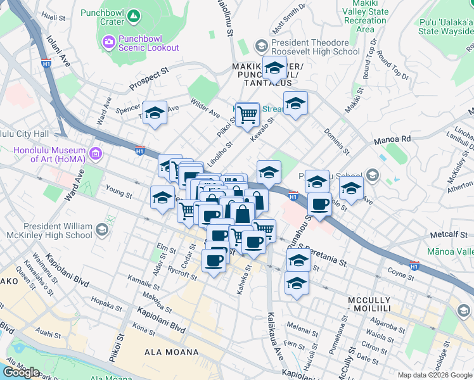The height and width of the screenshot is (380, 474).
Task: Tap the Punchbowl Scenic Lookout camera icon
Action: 108,42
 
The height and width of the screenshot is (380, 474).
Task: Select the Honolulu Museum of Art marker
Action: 96,153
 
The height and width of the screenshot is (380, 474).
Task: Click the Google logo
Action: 21,372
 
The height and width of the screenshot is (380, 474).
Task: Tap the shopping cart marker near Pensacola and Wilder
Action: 247,114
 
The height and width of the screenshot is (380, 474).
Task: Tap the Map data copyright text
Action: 434,374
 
